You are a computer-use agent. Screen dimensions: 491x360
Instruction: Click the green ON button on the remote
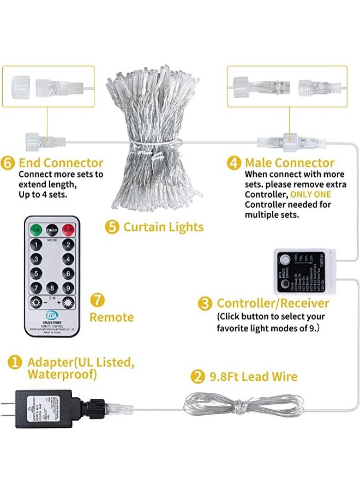pos(36,229)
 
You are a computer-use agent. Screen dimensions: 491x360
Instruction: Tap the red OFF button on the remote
pos(68,229)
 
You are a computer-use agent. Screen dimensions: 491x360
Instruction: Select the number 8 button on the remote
pos(52,288)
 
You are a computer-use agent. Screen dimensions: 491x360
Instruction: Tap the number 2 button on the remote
pos(68,245)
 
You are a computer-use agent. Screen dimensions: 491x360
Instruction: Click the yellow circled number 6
pos(10,163)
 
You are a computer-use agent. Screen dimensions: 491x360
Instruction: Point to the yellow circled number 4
pos(236,163)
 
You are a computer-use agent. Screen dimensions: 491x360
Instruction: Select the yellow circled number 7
pos(97,300)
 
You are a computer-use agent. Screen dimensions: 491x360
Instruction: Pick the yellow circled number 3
pos(205,303)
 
